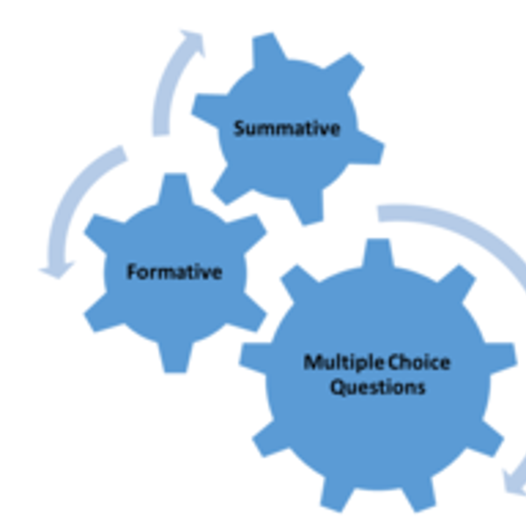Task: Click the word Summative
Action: (287, 128)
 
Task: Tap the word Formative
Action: (174, 272)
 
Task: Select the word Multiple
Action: (338, 361)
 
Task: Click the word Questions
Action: (377, 386)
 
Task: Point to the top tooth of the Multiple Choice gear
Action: (377, 255)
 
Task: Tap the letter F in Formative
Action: (131, 272)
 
